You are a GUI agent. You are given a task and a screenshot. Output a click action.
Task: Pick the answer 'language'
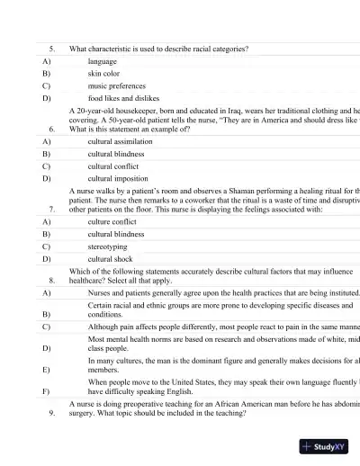click(103, 60)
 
